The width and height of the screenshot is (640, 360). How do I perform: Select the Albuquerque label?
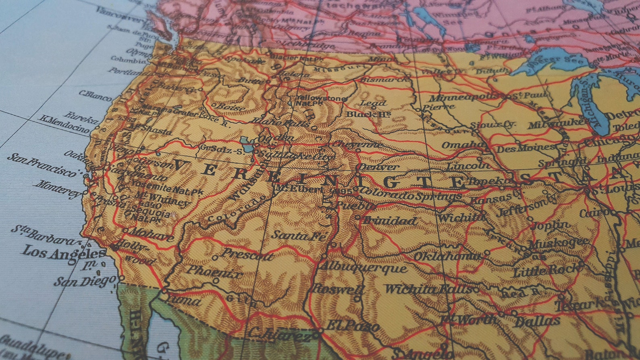point(363,267)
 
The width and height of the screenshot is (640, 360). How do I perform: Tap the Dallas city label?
point(537,321)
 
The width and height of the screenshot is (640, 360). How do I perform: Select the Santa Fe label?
point(299,235)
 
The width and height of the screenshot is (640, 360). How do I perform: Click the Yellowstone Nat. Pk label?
point(321,100)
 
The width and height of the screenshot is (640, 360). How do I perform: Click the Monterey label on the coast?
point(59,189)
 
